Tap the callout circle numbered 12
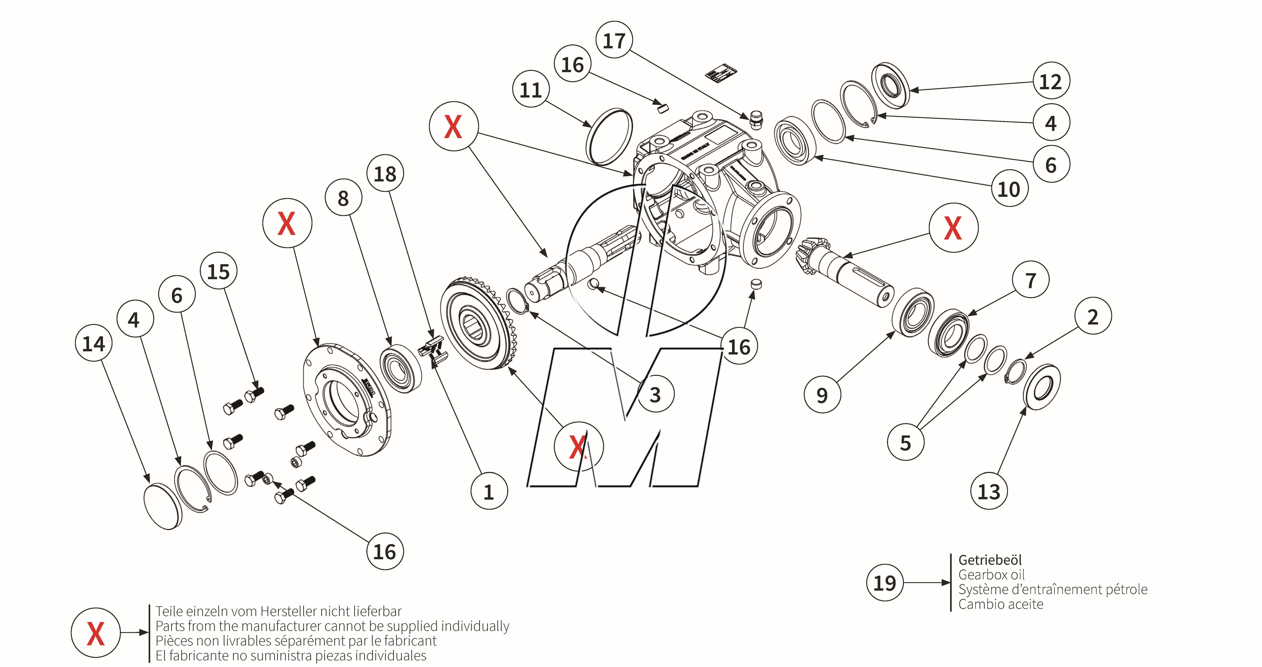coord(1051,81)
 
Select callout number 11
coord(531,90)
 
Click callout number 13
coord(989,491)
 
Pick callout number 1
coord(488,491)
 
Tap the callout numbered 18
coord(385,174)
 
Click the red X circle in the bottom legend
coord(96,633)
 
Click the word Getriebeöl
coord(990,560)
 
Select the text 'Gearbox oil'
coord(991,575)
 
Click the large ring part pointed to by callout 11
coord(609,137)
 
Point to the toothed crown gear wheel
coord(478,323)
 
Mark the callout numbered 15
coord(218,271)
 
